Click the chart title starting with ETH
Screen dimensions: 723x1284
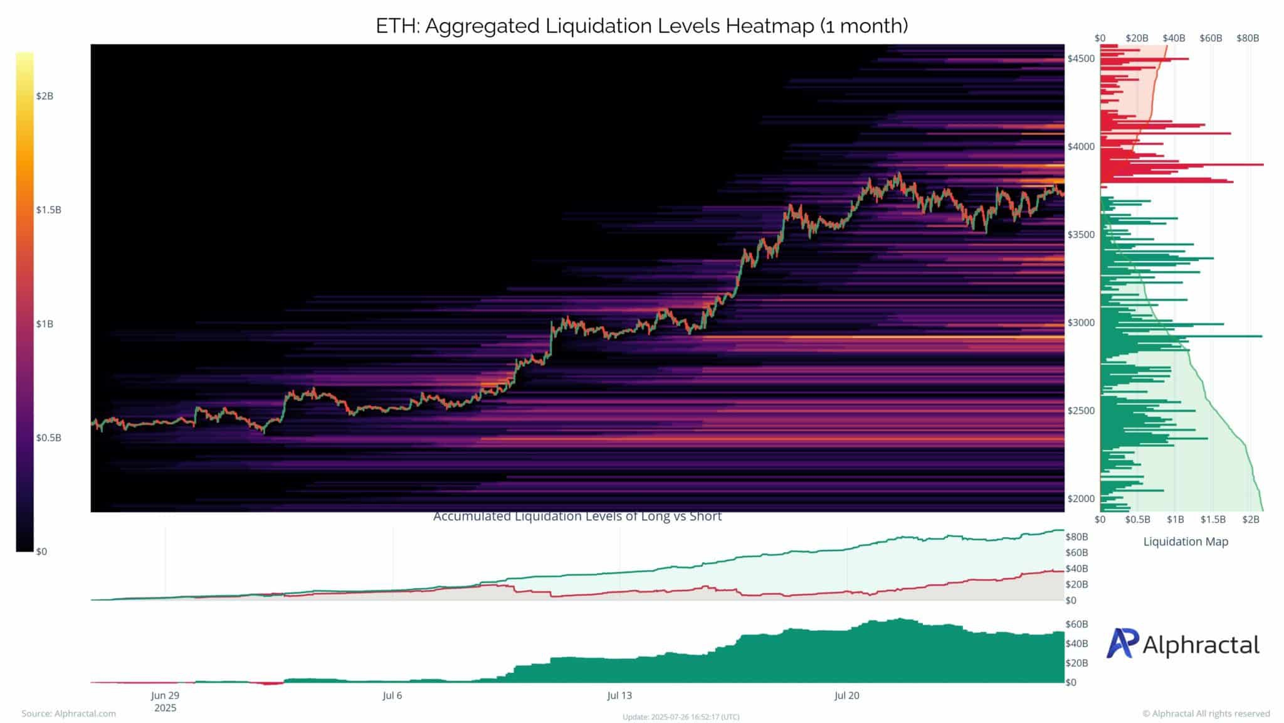tap(641, 26)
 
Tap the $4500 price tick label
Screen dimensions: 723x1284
tap(1081, 59)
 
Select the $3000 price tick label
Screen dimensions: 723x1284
tap(1081, 323)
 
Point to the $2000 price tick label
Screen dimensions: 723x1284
tap(1081, 499)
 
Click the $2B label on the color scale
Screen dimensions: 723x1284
tap(45, 96)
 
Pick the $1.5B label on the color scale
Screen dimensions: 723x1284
tap(48, 210)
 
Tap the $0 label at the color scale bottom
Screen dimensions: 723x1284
tap(41, 552)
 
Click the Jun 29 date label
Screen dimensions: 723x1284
tap(166, 695)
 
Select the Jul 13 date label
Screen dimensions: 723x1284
tap(619, 695)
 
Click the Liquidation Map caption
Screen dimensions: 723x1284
tap(1186, 542)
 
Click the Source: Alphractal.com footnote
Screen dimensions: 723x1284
tap(69, 714)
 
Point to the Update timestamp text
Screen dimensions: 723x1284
tap(681, 717)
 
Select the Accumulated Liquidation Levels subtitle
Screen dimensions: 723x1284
tap(577, 517)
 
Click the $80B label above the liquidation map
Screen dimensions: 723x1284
tap(1248, 38)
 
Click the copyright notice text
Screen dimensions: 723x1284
tap(1206, 714)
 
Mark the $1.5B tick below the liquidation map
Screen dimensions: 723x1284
tap(1213, 520)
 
